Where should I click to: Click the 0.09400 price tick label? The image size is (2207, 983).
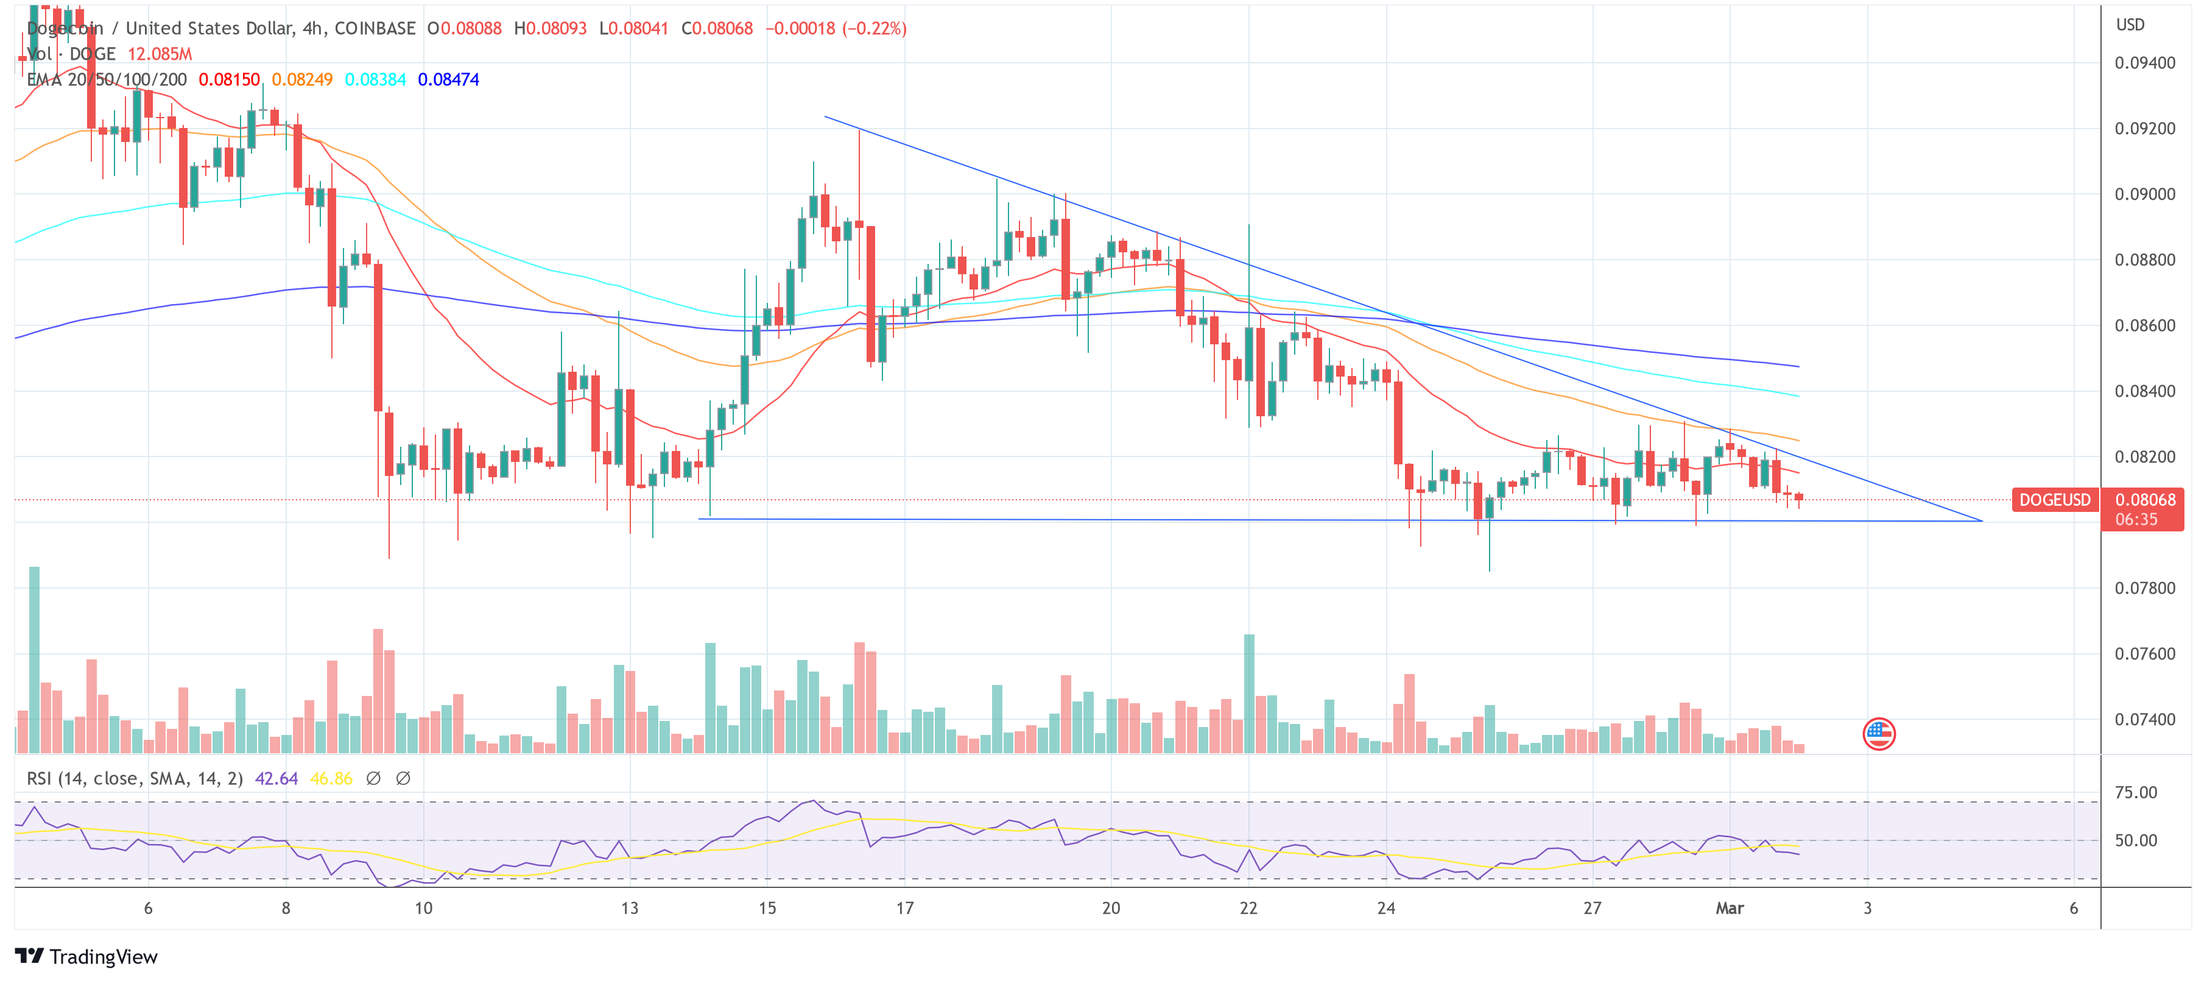pyautogui.click(x=2144, y=63)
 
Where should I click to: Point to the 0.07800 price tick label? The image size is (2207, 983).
pyautogui.click(x=2144, y=588)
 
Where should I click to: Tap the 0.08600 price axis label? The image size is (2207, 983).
pyautogui.click(x=2144, y=325)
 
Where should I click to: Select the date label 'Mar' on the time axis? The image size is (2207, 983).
pyautogui.click(x=1729, y=909)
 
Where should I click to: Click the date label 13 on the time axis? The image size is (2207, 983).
pyautogui.click(x=630, y=909)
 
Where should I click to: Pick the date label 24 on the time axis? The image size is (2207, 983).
pyautogui.click(x=1385, y=909)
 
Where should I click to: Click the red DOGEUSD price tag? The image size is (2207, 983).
pyautogui.click(x=2055, y=500)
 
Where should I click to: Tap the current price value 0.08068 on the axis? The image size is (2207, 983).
pyautogui.click(x=2144, y=500)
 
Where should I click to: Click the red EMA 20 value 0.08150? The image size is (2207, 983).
pyautogui.click(x=229, y=80)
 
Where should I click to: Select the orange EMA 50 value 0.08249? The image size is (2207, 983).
pyautogui.click(x=301, y=80)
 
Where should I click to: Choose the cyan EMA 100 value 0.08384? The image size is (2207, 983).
pyautogui.click(x=375, y=80)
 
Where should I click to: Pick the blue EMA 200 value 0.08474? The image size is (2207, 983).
pyautogui.click(x=448, y=80)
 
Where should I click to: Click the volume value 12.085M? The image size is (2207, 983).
pyautogui.click(x=160, y=54)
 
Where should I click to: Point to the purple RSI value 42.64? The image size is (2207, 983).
pyautogui.click(x=276, y=778)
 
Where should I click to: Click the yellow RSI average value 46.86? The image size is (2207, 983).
pyautogui.click(x=331, y=778)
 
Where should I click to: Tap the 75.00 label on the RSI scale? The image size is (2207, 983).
pyautogui.click(x=2135, y=793)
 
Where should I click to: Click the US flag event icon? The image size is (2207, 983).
pyautogui.click(x=1878, y=734)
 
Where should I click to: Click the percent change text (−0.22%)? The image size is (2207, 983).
pyautogui.click(x=874, y=28)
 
